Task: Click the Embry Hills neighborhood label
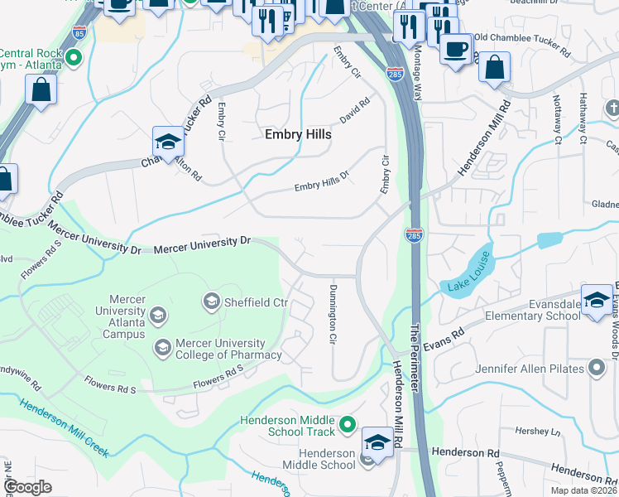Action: coord(298,134)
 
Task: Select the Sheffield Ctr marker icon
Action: coord(211,301)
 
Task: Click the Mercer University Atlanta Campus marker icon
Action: coord(158,315)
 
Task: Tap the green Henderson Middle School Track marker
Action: coord(348,426)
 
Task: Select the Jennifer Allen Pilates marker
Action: coord(597,368)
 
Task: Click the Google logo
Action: coord(28,487)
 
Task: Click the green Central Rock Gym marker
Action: coord(73,58)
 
